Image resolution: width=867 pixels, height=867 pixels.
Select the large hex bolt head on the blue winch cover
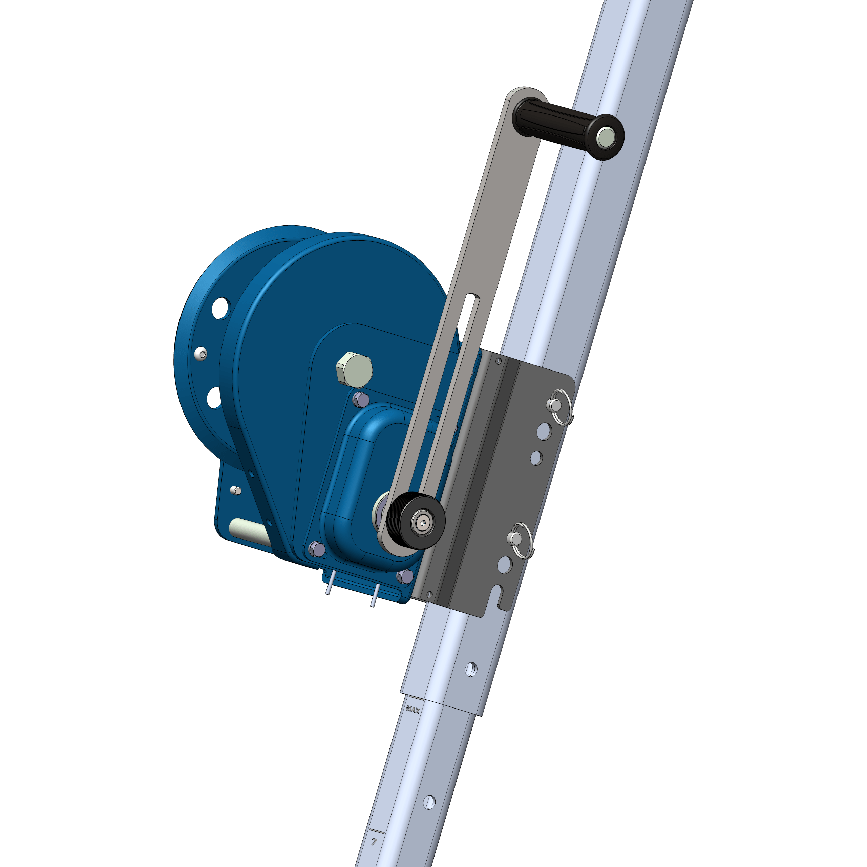pos(354,370)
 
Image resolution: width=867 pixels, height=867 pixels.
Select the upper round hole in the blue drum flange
pos(221,308)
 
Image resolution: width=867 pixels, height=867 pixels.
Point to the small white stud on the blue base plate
pos(235,490)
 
